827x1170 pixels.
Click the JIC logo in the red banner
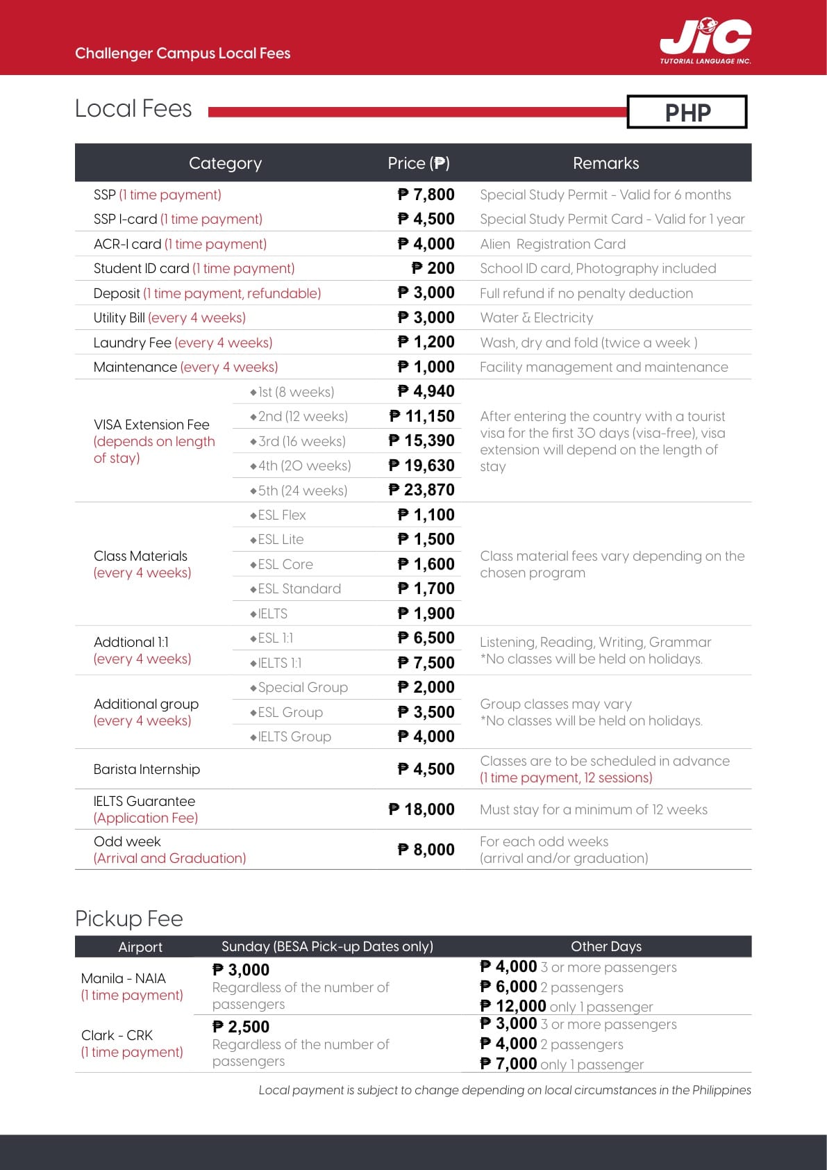tap(705, 40)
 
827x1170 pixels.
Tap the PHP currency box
tap(687, 112)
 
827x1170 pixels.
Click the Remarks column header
tap(605, 163)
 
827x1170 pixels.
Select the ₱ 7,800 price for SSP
tap(426, 195)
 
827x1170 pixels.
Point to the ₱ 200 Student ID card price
tap(433, 268)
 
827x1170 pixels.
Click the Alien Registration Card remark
tap(553, 244)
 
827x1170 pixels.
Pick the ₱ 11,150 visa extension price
tap(421, 416)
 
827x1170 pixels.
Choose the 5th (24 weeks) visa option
tap(299, 491)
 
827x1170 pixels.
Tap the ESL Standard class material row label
tap(296, 589)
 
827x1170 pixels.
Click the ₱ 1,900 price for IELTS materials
tap(426, 613)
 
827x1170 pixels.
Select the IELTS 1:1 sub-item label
tap(276, 663)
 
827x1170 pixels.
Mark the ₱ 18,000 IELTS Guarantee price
tap(421, 809)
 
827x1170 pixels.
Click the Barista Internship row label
tap(147, 769)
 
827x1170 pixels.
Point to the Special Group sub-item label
tap(300, 687)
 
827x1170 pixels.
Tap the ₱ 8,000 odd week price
tap(426, 850)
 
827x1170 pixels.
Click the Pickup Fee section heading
tap(129, 918)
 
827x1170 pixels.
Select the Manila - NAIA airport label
tap(124, 978)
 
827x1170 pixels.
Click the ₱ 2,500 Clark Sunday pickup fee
tap(241, 1027)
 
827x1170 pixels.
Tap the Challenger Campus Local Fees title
tap(183, 53)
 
